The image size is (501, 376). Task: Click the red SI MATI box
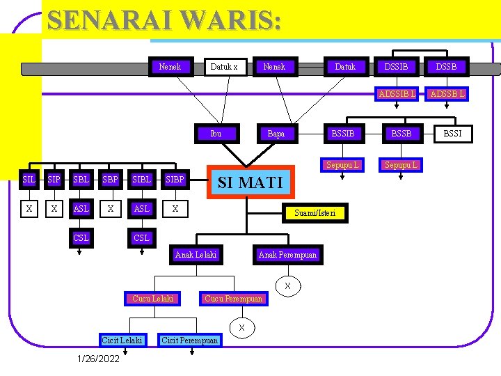click(x=250, y=182)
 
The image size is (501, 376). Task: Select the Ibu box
click(x=216, y=134)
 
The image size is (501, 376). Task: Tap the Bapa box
click(x=276, y=134)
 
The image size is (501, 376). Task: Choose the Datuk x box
click(x=224, y=67)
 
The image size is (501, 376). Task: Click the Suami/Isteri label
click(x=315, y=212)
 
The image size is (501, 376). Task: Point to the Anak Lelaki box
click(x=196, y=255)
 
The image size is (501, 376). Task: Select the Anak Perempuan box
click(x=287, y=255)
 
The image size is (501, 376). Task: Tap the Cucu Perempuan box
click(x=233, y=299)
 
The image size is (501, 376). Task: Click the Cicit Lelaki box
click(x=122, y=340)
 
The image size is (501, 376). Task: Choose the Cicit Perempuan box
click(x=189, y=340)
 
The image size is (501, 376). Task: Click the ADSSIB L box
click(x=397, y=94)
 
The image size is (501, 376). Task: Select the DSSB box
click(x=446, y=67)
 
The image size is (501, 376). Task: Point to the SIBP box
click(x=175, y=180)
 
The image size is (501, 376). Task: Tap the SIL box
click(x=29, y=180)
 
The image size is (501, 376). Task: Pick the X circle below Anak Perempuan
click(x=287, y=286)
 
